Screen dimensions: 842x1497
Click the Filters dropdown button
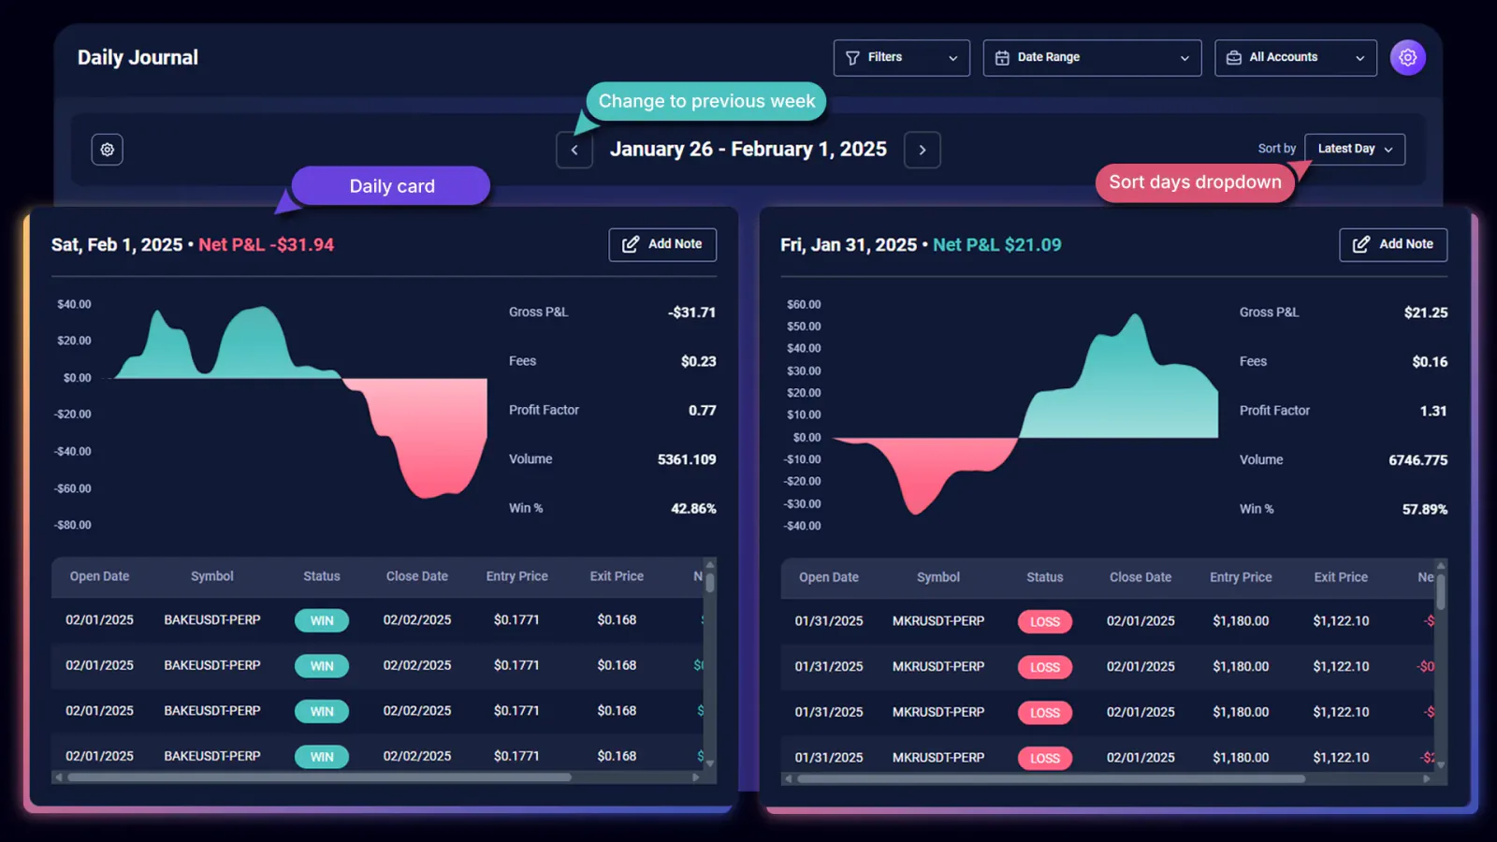[x=901, y=58]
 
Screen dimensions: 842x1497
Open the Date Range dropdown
[x=1091, y=58]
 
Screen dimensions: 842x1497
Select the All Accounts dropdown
[x=1295, y=58]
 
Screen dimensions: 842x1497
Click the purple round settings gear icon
[x=1407, y=58]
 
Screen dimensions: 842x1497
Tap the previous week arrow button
[x=574, y=150]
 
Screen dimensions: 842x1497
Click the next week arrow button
[x=922, y=150]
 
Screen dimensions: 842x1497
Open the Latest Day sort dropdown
[x=1354, y=149]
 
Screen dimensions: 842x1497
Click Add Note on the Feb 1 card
[x=662, y=244]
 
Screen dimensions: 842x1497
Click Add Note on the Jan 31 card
[x=1392, y=244]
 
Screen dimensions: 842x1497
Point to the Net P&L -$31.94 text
[x=266, y=245]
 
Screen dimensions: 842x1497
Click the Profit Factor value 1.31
[x=1432, y=411]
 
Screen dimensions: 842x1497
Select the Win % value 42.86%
[x=693, y=509]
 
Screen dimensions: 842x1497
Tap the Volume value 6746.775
[x=1417, y=460]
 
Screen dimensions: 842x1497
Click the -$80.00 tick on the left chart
[x=73, y=525]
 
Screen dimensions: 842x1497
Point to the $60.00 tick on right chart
[x=804, y=305]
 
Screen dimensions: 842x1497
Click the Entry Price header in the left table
[x=516, y=576]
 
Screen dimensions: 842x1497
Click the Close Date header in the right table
[x=1140, y=577]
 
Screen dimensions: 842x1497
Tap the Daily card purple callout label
[x=391, y=186]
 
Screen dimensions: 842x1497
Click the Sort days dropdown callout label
[x=1195, y=182]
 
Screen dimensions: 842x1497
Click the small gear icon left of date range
[x=108, y=150]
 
